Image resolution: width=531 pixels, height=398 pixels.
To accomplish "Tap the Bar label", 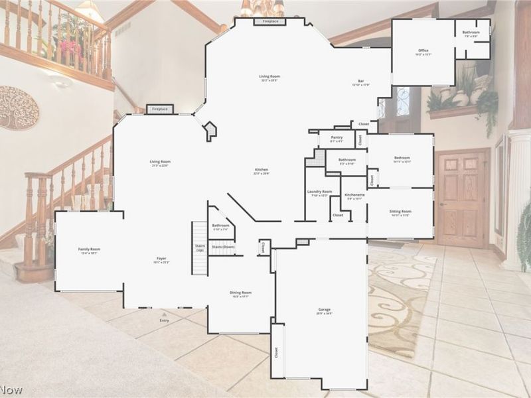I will tap(360, 82).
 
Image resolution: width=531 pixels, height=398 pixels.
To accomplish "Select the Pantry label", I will tap(337, 137).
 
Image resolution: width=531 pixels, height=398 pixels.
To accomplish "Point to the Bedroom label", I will tap(402, 158).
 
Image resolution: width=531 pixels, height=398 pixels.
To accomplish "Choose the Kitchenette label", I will tap(354, 195).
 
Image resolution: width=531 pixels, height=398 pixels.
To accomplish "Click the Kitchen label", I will tap(261, 171).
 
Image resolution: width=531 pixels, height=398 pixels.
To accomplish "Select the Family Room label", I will tap(89, 249).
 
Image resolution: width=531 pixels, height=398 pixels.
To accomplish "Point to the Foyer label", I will tap(161, 259).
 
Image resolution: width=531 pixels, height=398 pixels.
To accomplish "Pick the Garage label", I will tap(324, 310).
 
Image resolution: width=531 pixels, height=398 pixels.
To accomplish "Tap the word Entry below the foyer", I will tap(165, 321).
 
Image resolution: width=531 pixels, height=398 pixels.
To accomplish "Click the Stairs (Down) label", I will tap(224, 247).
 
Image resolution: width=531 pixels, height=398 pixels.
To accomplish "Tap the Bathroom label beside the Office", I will tap(471, 33).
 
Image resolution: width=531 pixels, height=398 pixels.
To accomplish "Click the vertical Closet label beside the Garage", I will tap(277, 351).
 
